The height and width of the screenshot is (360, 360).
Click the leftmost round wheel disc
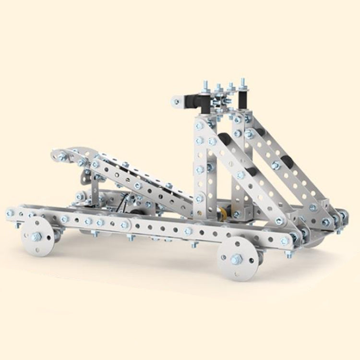(37, 236)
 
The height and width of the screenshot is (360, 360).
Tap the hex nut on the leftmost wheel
(36, 236)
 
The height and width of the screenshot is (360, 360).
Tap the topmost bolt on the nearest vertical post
(200, 126)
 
